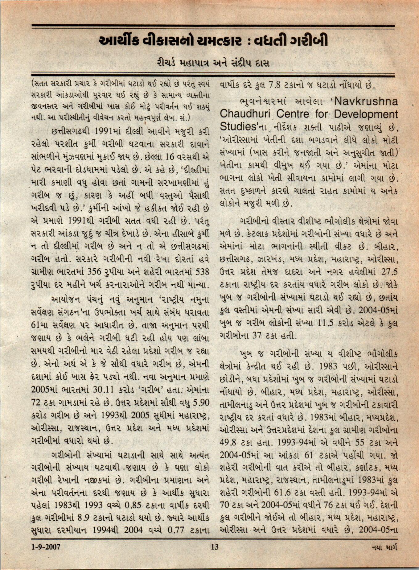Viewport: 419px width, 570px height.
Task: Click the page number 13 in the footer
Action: (215, 547)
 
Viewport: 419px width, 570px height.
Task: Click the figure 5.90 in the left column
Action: (200, 403)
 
